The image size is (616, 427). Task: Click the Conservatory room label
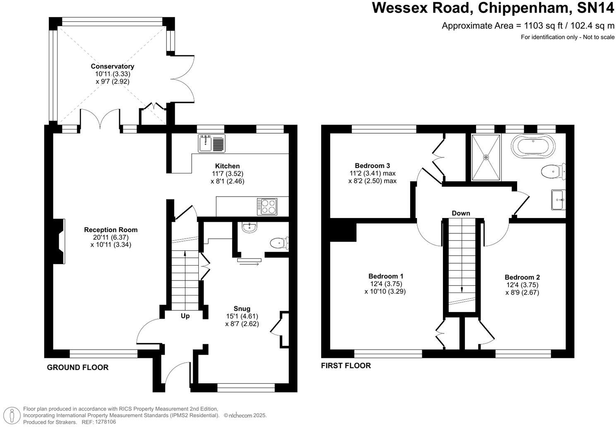(113, 66)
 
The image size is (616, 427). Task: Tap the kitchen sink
(212, 144)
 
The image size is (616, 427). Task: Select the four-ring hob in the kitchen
(267, 206)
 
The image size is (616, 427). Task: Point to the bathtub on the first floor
(533, 146)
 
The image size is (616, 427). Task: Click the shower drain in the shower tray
(486, 158)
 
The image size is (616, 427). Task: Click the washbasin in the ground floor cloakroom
(250, 228)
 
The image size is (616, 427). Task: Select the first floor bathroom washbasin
(558, 200)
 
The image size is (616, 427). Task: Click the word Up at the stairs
(185, 316)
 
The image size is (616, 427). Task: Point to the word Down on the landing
(461, 213)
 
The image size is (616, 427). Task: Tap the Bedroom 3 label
(372, 166)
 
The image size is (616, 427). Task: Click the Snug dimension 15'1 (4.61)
(242, 316)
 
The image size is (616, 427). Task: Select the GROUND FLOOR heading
(77, 367)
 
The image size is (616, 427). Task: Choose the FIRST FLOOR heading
(346, 365)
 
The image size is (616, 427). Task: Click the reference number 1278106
(106, 422)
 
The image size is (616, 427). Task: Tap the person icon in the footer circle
(12, 415)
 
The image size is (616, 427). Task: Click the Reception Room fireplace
(59, 241)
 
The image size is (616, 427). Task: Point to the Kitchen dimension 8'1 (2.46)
(227, 181)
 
